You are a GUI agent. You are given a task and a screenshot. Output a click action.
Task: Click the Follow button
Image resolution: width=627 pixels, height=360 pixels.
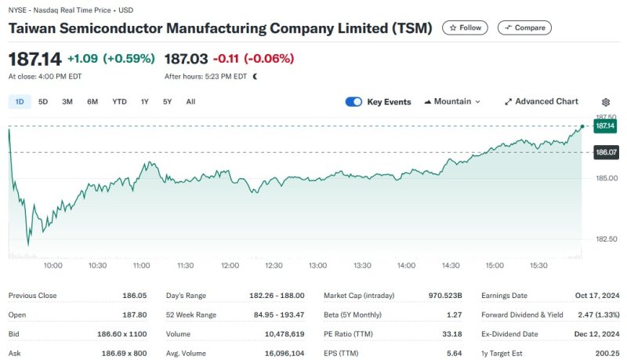pyautogui.click(x=465, y=27)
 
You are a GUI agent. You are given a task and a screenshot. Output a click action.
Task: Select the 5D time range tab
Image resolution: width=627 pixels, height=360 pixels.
pyautogui.click(x=43, y=102)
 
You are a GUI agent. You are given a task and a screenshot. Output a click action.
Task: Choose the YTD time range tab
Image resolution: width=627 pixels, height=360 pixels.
pyautogui.click(x=119, y=102)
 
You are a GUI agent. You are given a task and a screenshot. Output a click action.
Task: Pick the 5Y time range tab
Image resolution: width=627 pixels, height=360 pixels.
pyautogui.click(x=167, y=102)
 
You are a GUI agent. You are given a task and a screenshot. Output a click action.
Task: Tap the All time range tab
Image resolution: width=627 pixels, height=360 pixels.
pyautogui.click(x=190, y=102)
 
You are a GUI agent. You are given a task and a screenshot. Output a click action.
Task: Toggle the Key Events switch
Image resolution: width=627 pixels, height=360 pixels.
pyautogui.click(x=353, y=102)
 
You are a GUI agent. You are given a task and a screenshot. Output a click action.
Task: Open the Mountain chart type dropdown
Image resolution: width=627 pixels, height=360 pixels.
pyautogui.click(x=452, y=102)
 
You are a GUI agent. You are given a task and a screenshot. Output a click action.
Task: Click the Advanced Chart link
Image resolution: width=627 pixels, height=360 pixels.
pyautogui.click(x=541, y=102)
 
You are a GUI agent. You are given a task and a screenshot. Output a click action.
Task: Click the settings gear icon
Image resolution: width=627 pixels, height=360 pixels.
pyautogui.click(x=606, y=102)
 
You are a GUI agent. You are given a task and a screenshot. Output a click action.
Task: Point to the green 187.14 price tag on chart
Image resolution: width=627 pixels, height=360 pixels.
pyautogui.click(x=604, y=125)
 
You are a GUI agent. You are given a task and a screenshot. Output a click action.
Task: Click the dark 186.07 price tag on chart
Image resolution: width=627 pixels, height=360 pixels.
pyautogui.click(x=604, y=152)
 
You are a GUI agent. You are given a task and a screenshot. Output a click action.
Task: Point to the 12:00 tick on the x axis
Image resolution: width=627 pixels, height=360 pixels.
pyautogui.click(x=230, y=266)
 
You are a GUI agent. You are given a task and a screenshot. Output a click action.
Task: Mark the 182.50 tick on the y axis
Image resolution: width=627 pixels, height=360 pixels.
pyautogui.click(x=604, y=239)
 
